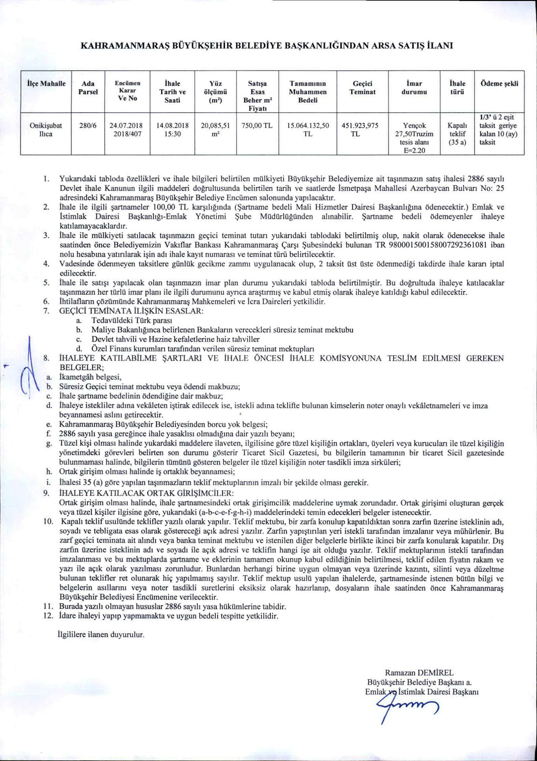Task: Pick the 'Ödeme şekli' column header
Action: pos(499,84)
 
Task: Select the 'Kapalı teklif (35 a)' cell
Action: pos(457,134)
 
